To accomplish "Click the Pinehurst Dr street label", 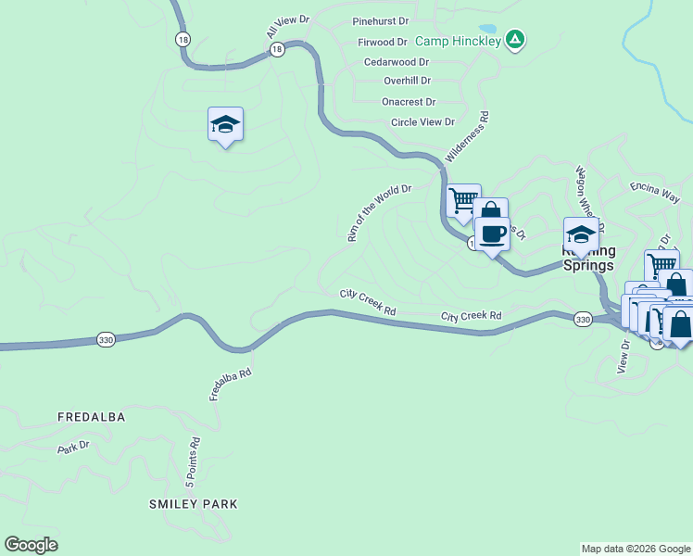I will click(380, 20).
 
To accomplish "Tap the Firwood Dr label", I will click(383, 42).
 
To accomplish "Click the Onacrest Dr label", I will click(409, 102).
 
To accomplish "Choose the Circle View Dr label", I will click(422, 122).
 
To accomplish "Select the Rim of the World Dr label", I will click(378, 213).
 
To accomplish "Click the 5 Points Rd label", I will click(192, 462).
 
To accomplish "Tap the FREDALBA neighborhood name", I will click(91, 417).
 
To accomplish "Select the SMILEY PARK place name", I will click(194, 504).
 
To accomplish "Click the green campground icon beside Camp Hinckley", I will click(516, 39).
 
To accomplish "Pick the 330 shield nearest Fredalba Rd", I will click(106, 340).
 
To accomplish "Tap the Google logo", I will click(31, 545).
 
